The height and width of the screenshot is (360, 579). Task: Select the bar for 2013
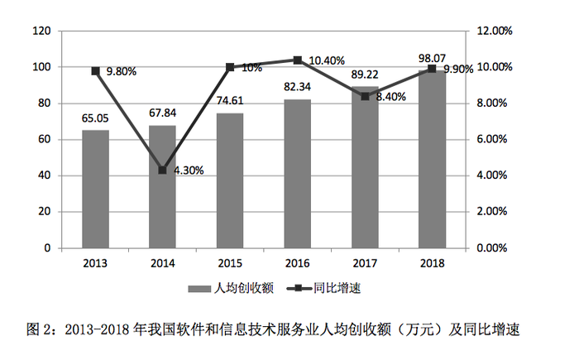[x=95, y=189]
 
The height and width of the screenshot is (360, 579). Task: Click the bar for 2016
[x=297, y=173]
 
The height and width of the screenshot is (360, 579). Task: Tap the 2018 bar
[x=432, y=159]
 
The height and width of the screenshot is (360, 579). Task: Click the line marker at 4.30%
[x=162, y=170]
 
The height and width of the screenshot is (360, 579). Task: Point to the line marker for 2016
[x=297, y=60]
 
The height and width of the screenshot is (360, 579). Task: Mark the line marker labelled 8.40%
[x=365, y=97]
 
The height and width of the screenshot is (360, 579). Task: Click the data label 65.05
[x=95, y=118]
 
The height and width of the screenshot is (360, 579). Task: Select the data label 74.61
[x=230, y=100]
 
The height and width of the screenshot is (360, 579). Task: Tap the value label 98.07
[x=432, y=59]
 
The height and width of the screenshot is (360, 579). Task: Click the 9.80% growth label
[x=122, y=71]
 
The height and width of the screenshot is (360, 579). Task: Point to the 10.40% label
[x=327, y=60]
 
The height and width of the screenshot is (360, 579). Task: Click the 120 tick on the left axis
[x=41, y=31]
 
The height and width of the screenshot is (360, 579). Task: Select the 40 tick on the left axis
[x=45, y=175]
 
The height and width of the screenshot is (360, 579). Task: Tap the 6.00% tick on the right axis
[x=492, y=139]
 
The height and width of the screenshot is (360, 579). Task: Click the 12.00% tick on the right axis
[x=495, y=31]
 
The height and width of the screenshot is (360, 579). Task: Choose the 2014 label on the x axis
[x=162, y=263]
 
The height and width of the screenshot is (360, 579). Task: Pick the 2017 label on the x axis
[x=365, y=263]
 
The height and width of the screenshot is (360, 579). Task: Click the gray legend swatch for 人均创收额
[x=199, y=289]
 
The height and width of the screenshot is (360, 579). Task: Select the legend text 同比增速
[x=337, y=288]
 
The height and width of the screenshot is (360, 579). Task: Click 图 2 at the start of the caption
[x=41, y=329]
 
